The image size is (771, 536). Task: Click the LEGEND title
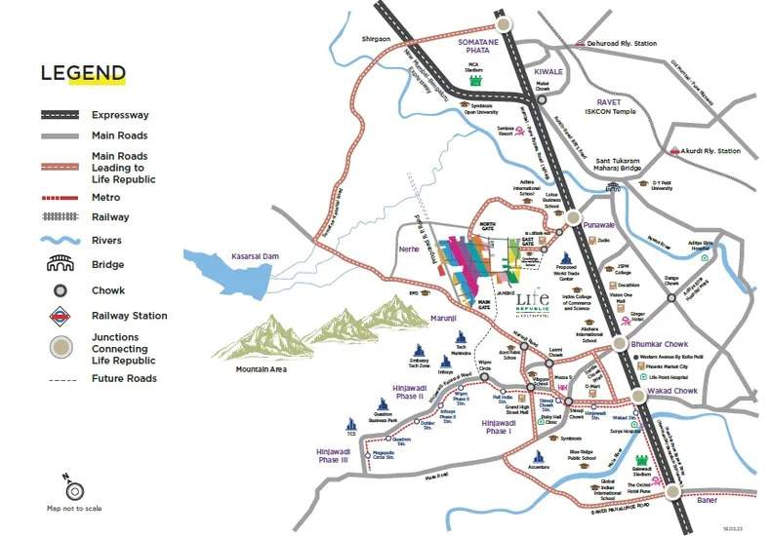[x=83, y=73]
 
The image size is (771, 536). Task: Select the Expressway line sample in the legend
[x=61, y=114]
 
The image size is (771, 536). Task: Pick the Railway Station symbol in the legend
[x=61, y=316]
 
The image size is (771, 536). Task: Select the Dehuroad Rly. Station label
[x=618, y=44]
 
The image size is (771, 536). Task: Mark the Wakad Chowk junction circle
[x=638, y=395]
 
